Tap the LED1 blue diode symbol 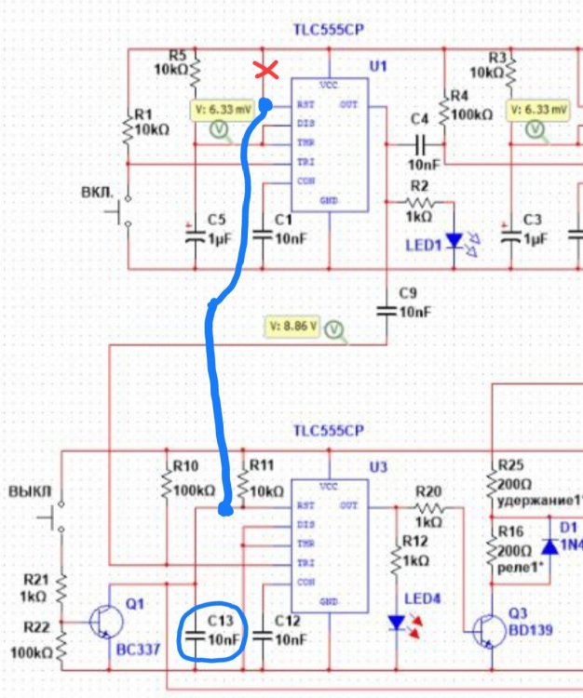click(454, 241)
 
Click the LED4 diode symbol click(398, 621)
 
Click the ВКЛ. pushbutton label click(98, 193)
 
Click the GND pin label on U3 click(329, 602)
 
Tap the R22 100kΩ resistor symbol click(62, 642)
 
